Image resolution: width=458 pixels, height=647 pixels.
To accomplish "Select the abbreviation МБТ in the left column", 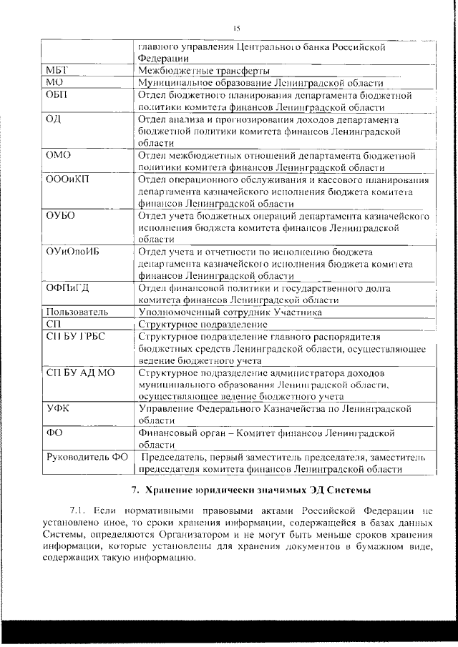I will click(x=58, y=71).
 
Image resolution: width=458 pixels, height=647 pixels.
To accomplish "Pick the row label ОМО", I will click(x=57, y=155).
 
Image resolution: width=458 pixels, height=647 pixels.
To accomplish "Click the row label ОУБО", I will click(x=60, y=216).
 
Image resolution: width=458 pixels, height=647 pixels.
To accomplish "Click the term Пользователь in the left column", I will click(x=77, y=312).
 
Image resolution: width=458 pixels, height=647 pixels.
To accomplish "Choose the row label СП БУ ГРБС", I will click(x=75, y=337).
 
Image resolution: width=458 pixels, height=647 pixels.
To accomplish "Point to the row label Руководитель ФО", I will click(x=87, y=457).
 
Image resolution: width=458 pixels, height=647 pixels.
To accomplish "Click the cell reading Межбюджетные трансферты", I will click(x=204, y=71).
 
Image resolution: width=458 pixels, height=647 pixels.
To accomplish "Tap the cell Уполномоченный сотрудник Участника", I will click(x=230, y=312).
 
